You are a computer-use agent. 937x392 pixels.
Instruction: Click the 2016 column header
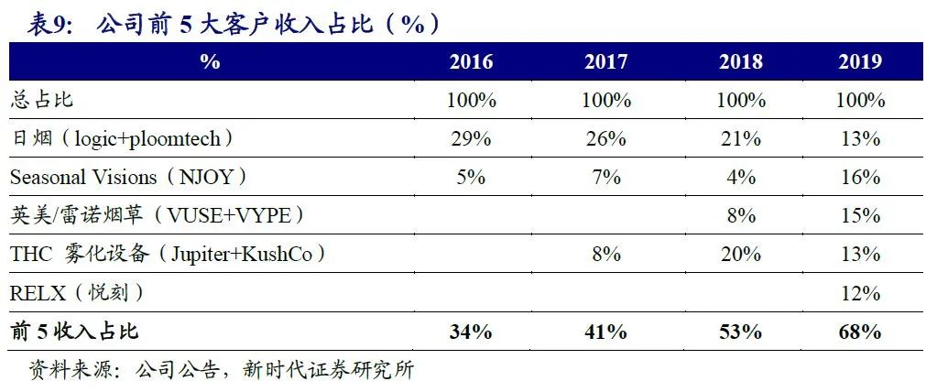(471, 62)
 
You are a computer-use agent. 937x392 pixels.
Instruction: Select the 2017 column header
(605, 62)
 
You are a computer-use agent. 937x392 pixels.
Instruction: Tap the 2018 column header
(740, 62)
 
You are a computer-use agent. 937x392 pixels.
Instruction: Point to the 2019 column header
(860, 62)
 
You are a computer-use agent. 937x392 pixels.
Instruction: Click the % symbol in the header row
(210, 62)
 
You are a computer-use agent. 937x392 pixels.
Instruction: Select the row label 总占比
(40, 101)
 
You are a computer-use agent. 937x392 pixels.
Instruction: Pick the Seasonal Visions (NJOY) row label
(129, 177)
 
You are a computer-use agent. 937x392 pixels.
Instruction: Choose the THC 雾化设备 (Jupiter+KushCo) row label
(168, 255)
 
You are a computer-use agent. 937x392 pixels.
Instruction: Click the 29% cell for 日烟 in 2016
(471, 139)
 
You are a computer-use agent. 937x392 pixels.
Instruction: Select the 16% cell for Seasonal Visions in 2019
(860, 177)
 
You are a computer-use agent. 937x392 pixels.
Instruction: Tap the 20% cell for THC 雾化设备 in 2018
(740, 255)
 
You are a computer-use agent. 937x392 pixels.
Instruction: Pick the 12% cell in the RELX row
(860, 293)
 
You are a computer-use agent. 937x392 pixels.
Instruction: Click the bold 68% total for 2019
(860, 332)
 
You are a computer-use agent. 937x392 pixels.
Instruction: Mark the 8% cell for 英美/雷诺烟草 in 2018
(740, 216)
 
